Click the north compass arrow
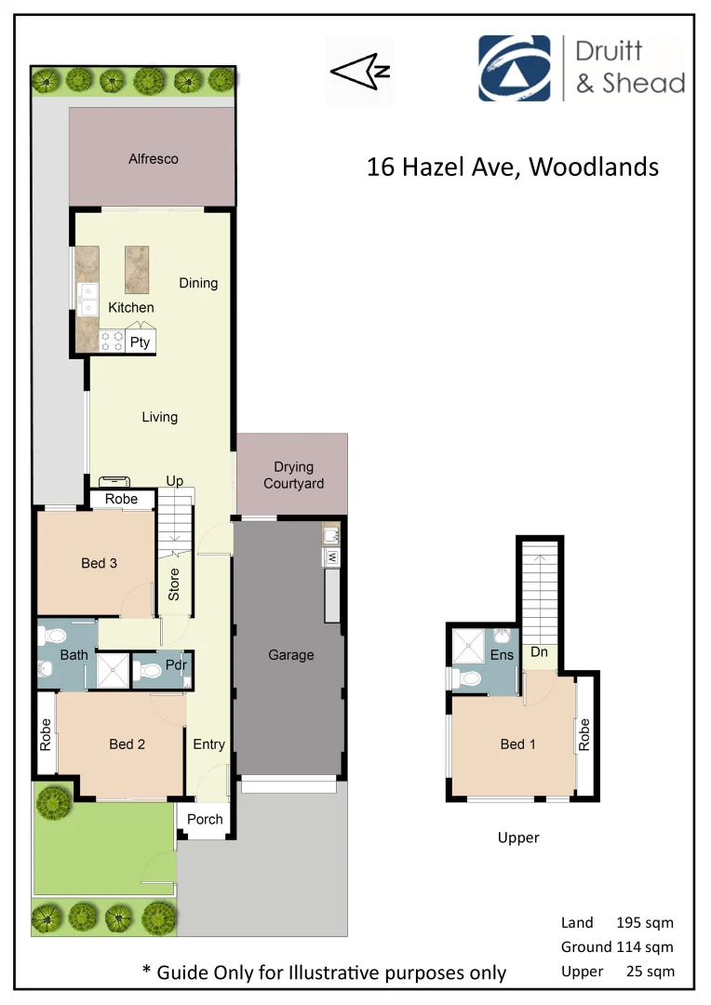[x=361, y=71]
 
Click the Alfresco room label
[x=154, y=159]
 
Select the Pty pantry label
[x=140, y=342]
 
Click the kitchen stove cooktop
[x=113, y=342]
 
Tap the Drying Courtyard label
[x=293, y=476]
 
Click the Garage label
[x=291, y=655]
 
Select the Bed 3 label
[x=99, y=563]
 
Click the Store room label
[x=174, y=584]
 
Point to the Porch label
[x=206, y=819]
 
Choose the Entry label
[x=208, y=744]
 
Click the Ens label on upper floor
[x=502, y=655]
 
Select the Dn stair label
[x=540, y=653]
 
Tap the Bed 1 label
[x=518, y=744]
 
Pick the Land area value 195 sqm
[x=645, y=923]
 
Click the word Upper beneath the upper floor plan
[x=518, y=837]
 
